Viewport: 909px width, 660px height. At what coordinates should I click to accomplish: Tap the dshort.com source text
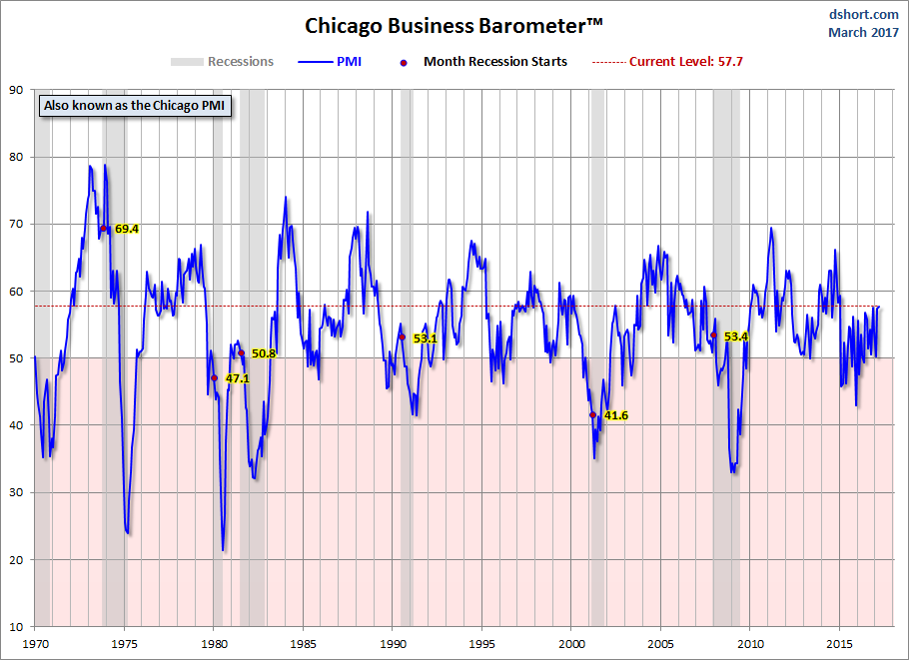[x=865, y=14]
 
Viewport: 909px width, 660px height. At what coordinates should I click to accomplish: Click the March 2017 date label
[x=863, y=32]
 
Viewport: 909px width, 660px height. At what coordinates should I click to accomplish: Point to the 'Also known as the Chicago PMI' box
[x=135, y=106]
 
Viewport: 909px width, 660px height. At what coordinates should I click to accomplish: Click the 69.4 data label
[x=127, y=229]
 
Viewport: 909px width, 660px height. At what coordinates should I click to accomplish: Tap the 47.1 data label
[x=237, y=379]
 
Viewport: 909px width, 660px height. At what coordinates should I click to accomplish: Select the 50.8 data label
[x=264, y=353]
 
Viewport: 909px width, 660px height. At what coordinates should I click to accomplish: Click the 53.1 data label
[x=426, y=338]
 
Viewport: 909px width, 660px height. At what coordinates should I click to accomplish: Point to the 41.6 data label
[x=616, y=415]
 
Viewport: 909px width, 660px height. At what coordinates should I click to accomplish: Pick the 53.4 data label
[x=736, y=336]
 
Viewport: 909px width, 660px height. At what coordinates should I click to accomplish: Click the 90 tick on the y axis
[x=17, y=90]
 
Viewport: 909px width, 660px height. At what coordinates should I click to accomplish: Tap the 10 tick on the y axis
[x=17, y=627]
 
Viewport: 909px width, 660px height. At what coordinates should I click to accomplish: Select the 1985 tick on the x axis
[x=304, y=643]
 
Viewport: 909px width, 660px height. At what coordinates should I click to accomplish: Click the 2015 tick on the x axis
[x=840, y=643]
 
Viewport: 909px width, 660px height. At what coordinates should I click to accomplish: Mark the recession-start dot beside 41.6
[x=592, y=414]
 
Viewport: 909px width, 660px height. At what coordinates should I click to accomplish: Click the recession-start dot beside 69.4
[x=103, y=229]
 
